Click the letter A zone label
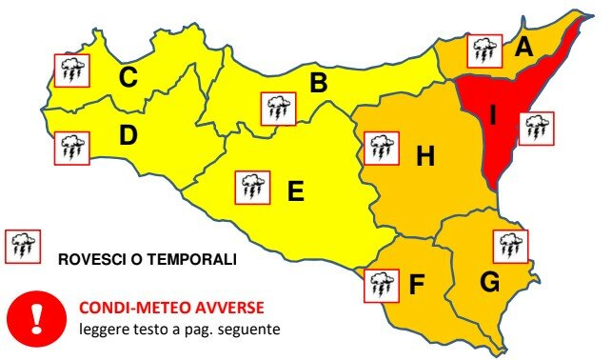(x=523, y=47)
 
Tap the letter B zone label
(x=319, y=84)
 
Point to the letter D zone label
(x=128, y=136)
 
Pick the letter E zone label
(x=295, y=192)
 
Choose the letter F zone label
(x=416, y=284)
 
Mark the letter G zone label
(x=490, y=282)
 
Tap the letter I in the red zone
(x=492, y=114)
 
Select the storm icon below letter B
(x=277, y=109)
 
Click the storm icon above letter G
(x=509, y=247)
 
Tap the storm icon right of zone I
(x=536, y=126)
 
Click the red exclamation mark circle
(x=36, y=316)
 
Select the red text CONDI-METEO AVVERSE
(x=170, y=308)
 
